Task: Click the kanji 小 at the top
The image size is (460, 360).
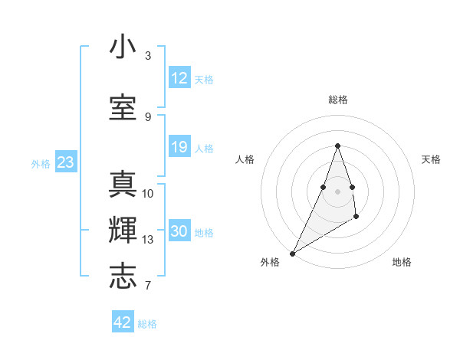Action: (123, 47)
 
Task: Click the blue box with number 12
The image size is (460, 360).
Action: (179, 78)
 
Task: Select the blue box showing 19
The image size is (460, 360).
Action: (179, 147)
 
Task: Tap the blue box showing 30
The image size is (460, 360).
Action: (179, 231)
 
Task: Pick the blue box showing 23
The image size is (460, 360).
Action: (65, 162)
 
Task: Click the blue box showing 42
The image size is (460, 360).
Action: (123, 322)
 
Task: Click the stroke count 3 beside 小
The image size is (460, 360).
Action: (148, 56)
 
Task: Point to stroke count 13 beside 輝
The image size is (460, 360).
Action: (148, 240)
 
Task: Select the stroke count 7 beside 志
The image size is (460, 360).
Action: (148, 286)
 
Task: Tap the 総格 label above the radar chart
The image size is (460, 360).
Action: (337, 100)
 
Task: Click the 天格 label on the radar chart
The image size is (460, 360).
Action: (431, 159)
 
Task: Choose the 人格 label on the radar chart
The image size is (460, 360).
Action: (245, 159)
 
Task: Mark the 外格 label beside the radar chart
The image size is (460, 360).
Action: (270, 262)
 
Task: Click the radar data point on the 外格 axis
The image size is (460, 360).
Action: (292, 253)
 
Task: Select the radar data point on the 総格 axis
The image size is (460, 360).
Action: (337, 145)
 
